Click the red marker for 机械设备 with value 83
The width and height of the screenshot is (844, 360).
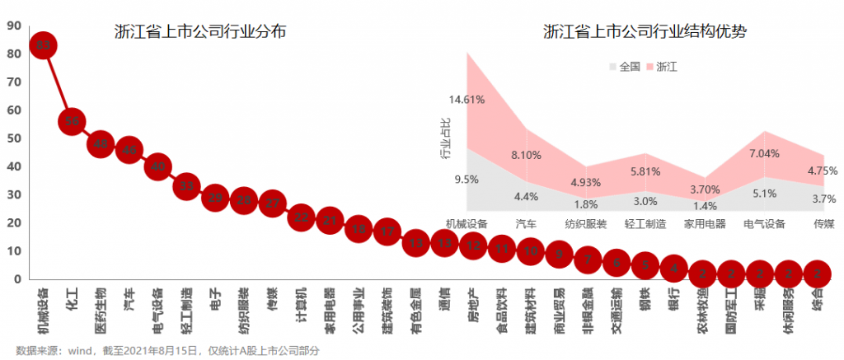pyautogui.click(x=44, y=45)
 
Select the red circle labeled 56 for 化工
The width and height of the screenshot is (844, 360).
pyautogui.click(x=73, y=122)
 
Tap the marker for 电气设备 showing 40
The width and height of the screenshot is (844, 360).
pyautogui.click(x=158, y=167)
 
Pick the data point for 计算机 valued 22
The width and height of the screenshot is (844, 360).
pyautogui.click(x=302, y=217)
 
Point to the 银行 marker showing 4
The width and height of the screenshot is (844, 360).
pyautogui.click(x=673, y=268)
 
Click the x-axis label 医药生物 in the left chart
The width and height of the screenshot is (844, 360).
pyautogui.click(x=101, y=311)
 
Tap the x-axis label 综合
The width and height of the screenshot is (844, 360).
pyautogui.click(x=816, y=301)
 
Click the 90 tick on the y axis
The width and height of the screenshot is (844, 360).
pyautogui.click(x=13, y=26)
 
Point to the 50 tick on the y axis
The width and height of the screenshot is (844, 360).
pyautogui.click(x=13, y=138)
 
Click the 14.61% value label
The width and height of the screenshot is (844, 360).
pyautogui.click(x=467, y=100)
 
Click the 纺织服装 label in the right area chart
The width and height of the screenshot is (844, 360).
pyautogui.click(x=586, y=223)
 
